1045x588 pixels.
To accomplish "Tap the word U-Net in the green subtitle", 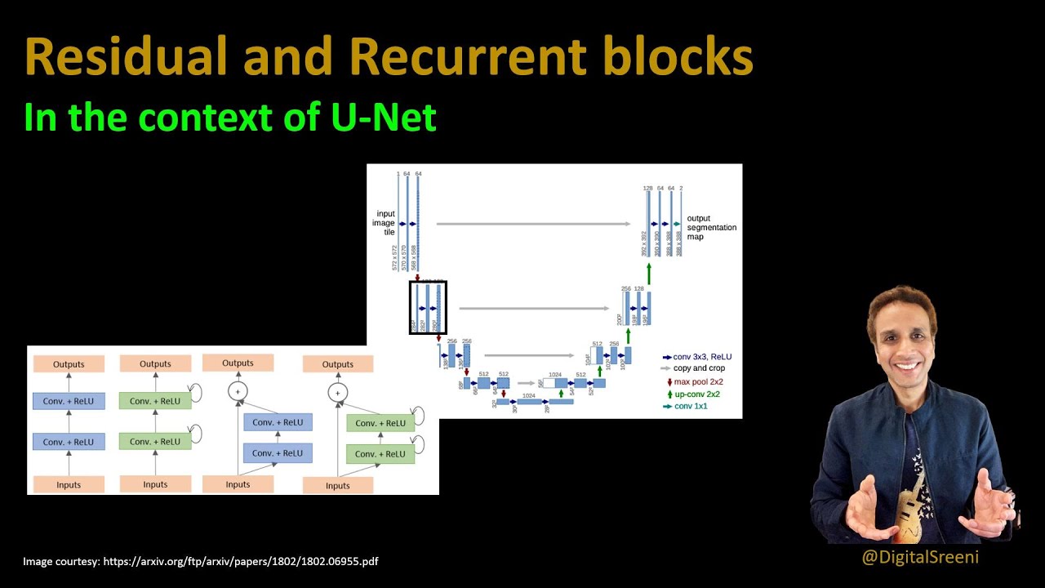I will click(x=384, y=118).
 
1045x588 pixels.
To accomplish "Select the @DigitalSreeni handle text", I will click(x=920, y=557).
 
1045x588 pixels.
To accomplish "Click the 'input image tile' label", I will click(x=385, y=223).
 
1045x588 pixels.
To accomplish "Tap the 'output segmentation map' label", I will click(x=711, y=227).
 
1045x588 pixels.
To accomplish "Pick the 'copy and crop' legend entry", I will click(x=698, y=368).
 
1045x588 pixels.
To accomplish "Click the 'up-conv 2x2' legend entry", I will click(x=696, y=394).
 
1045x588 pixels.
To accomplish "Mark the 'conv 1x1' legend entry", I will click(x=690, y=406).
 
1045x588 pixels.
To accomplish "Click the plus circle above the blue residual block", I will click(x=238, y=392).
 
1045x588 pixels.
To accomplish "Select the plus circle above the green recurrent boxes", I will click(x=338, y=393).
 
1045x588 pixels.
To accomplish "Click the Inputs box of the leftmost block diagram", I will click(x=69, y=484).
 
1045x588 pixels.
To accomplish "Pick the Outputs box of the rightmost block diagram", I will click(x=338, y=364).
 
